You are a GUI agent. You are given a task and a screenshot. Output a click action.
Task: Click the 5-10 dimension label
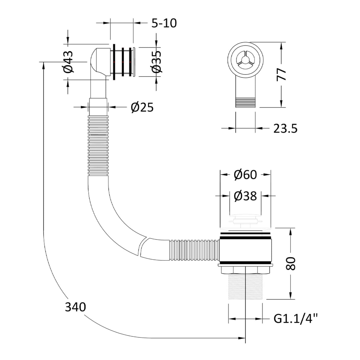164,23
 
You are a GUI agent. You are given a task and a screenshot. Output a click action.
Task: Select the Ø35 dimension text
156,62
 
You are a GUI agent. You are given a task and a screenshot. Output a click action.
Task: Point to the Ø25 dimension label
142,107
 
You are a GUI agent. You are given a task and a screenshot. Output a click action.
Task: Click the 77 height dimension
281,74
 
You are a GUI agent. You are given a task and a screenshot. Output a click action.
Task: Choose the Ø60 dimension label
245,175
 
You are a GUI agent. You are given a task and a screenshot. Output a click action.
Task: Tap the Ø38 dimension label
245,196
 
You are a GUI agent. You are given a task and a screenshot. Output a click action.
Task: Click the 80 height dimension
291,264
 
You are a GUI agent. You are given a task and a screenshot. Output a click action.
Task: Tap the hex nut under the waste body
245,270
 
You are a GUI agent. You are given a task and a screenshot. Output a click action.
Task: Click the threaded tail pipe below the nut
245,286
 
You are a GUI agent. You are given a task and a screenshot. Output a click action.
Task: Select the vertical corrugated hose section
98,146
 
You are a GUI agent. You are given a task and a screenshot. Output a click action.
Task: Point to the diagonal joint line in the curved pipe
143,247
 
